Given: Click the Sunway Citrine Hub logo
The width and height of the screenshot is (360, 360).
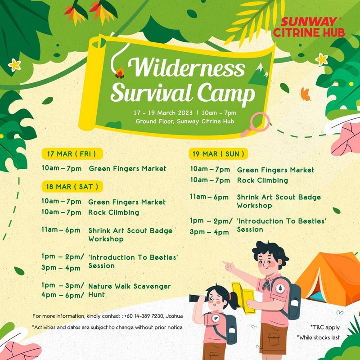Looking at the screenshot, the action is pos(309,27).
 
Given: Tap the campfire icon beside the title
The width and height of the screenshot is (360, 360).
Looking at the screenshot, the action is pos(120,73).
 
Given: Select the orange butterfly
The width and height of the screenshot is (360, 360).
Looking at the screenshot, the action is pos(306,94).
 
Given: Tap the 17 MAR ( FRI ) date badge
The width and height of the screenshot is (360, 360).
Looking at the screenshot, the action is pos(72,153).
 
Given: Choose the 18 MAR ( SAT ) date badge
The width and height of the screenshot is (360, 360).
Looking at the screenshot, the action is pos(72,186).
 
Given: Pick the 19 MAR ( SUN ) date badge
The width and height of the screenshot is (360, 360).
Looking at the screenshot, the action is pos(218,153).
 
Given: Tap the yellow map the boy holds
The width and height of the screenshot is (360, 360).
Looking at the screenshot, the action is pos(244,298).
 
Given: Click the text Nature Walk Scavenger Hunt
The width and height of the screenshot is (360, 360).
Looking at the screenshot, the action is pos(130,290).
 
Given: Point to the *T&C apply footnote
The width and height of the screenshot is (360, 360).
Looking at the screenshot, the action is pos(325,328).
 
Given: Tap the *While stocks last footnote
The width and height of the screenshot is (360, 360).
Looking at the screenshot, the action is pos(318,337).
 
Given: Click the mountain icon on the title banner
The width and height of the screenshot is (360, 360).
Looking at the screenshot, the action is pos(259,74).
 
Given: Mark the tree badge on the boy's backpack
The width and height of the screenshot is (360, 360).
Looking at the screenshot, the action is pos(280,288).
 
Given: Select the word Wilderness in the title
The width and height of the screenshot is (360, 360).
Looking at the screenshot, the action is pos(186,67).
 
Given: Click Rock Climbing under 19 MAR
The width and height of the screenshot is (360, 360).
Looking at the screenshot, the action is pos(262,180).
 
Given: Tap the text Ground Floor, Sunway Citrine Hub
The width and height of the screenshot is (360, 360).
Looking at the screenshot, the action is pos(185,121).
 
